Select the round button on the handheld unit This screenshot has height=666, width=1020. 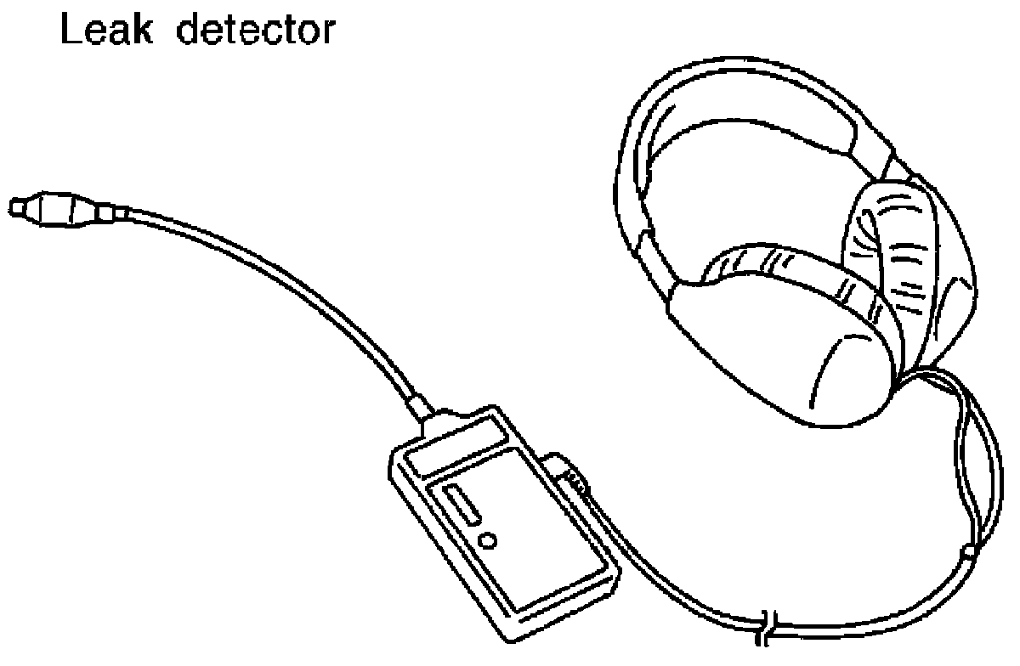pos(488,539)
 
